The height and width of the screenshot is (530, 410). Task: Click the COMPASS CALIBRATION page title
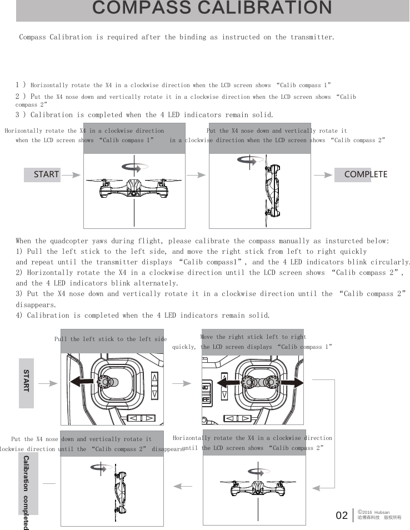click(x=212, y=8)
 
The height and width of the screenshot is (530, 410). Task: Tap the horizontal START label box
click(x=42, y=174)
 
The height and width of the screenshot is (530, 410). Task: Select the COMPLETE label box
click(x=362, y=174)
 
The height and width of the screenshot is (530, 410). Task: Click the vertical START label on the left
click(x=27, y=382)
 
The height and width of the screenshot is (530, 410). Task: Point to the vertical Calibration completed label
click(x=27, y=492)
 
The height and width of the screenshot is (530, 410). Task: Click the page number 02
click(x=342, y=516)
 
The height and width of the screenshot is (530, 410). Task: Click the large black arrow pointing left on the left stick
click(x=83, y=382)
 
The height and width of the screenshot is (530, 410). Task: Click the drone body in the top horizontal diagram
click(x=133, y=189)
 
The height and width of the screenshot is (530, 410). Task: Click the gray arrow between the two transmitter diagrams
click(x=182, y=383)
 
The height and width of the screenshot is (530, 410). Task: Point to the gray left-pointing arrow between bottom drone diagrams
click(x=184, y=487)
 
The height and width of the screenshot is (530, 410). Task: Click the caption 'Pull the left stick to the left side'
click(x=111, y=339)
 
